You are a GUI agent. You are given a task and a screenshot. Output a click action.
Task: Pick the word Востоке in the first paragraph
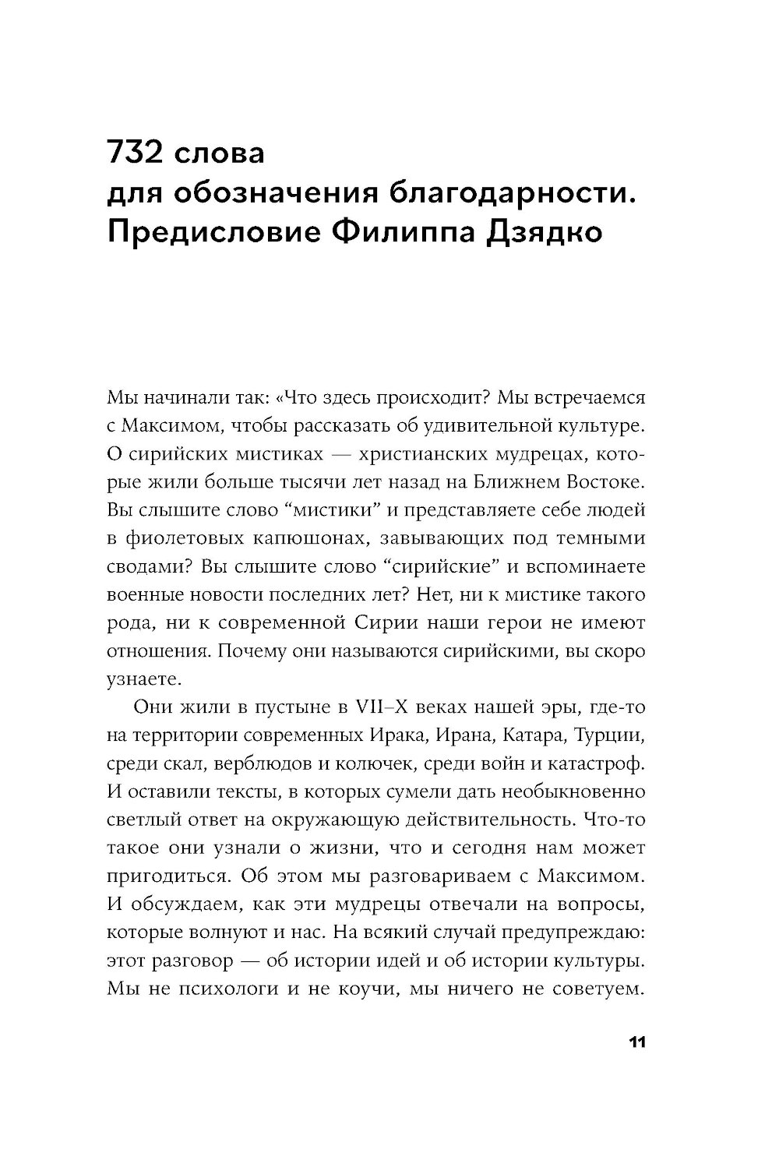pyautogui.click(x=603, y=483)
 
